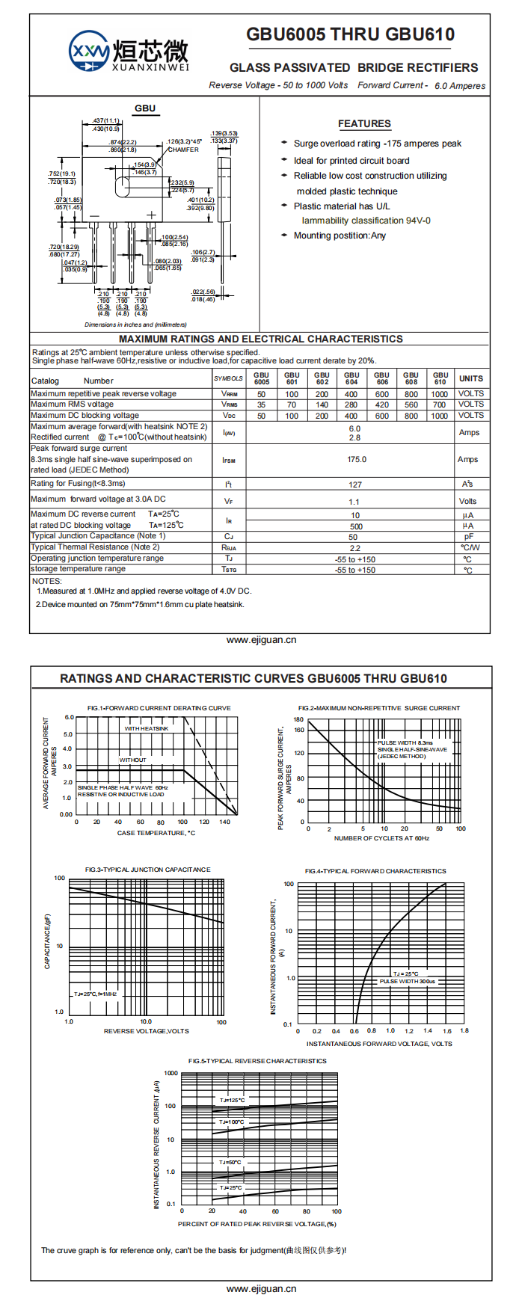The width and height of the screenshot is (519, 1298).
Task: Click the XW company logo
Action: (x=88, y=52)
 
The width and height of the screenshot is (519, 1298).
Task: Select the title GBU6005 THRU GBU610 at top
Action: (x=350, y=34)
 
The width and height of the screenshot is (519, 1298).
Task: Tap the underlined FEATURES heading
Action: (x=364, y=124)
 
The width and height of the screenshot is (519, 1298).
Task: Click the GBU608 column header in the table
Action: (x=411, y=378)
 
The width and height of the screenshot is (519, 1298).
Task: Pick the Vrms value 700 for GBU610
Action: (x=440, y=405)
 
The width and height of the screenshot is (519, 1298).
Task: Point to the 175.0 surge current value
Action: (x=356, y=459)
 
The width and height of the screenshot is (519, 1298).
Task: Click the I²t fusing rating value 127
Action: (x=355, y=485)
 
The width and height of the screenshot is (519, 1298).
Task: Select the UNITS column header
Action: (x=471, y=378)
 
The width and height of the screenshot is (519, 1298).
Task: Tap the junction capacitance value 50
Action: (x=353, y=537)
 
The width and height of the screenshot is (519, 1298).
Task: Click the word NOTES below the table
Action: (x=47, y=581)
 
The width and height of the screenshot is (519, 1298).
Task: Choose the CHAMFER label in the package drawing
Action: (x=183, y=150)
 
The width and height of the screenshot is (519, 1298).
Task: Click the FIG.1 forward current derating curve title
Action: (x=159, y=708)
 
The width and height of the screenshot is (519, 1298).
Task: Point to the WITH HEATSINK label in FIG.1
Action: (x=147, y=728)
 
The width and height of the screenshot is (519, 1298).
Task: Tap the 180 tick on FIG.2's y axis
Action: (x=299, y=720)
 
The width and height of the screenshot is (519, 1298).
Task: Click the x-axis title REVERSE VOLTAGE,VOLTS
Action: (x=147, y=1031)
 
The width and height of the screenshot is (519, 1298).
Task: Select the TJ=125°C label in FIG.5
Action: (x=232, y=1101)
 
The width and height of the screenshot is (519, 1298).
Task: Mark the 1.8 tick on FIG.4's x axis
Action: (x=464, y=1031)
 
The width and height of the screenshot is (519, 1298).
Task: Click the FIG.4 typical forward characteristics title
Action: (x=375, y=871)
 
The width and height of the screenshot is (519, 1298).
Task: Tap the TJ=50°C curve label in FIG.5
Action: (x=230, y=1163)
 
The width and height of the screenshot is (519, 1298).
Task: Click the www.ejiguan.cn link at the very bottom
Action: (x=261, y=1289)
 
